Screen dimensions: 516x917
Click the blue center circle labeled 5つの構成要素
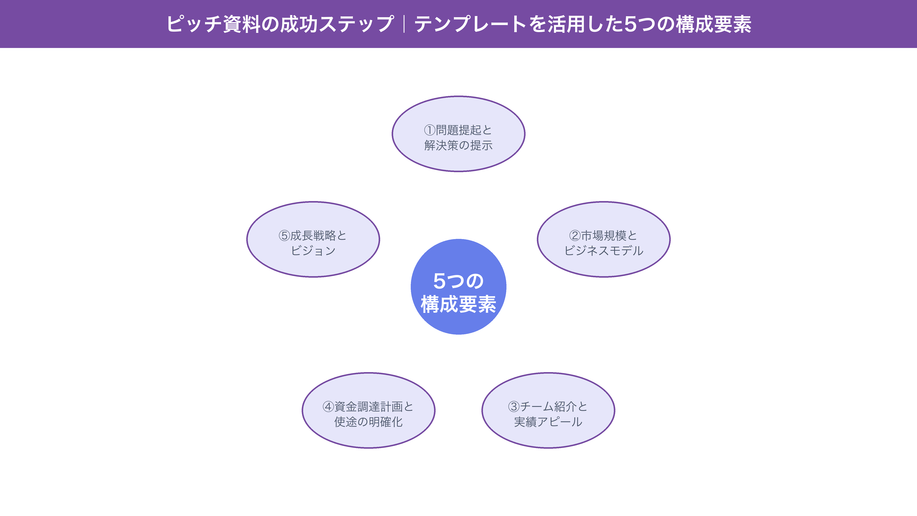(x=458, y=287)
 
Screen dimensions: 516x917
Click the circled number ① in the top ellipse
(x=430, y=130)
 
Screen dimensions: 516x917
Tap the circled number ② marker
(x=575, y=235)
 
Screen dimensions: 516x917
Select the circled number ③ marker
(x=514, y=406)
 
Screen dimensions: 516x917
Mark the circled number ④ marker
(x=328, y=406)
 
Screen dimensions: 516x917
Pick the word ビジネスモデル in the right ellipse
(x=604, y=251)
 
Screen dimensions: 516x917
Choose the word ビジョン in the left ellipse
(x=313, y=251)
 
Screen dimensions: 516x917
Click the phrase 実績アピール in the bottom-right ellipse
(x=548, y=422)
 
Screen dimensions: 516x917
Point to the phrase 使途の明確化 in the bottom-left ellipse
(x=369, y=422)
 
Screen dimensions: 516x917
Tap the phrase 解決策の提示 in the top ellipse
(x=458, y=145)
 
